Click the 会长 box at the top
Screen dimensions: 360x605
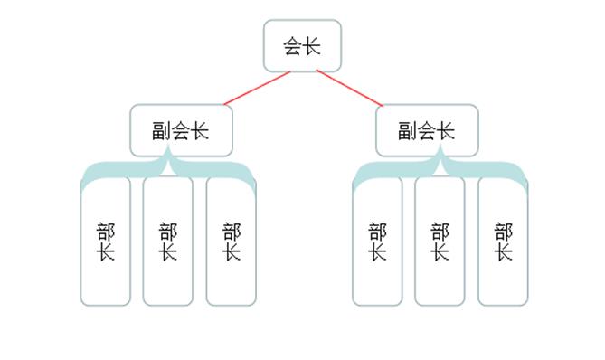pyautogui.click(x=302, y=45)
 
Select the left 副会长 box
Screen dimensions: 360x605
pyautogui.click(x=181, y=130)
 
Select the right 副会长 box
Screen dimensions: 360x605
pyautogui.click(x=427, y=130)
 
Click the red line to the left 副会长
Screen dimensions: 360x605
pyautogui.click(x=258, y=88)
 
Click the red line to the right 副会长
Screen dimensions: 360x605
pyautogui.click(x=348, y=88)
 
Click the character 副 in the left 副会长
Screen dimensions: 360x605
pyautogui.click(x=162, y=131)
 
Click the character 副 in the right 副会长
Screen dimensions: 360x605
pyautogui.click(x=408, y=131)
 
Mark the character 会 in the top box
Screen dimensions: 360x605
pyautogui.click(x=293, y=46)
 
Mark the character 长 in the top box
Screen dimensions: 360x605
pyautogui.click(x=312, y=46)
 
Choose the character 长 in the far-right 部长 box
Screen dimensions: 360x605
pyautogui.click(x=503, y=251)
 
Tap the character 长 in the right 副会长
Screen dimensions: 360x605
pyautogui.click(x=446, y=131)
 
